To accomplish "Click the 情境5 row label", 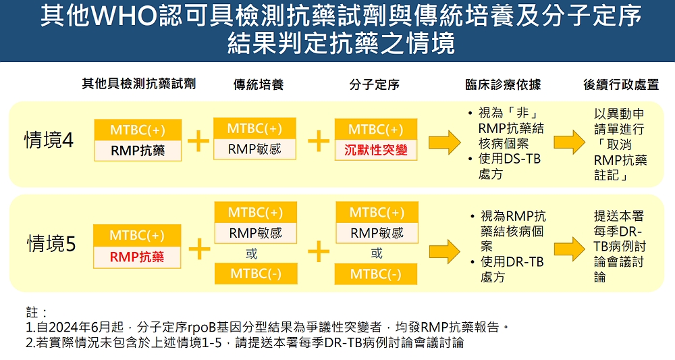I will [51, 243].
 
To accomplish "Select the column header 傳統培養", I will [259, 84].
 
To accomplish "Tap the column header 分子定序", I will [375, 84].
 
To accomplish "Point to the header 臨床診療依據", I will [503, 84].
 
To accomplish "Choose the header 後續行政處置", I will [621, 84].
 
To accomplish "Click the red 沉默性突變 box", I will [376, 150].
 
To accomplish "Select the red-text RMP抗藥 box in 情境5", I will [137, 257].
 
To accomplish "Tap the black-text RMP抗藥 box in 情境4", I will [138, 151].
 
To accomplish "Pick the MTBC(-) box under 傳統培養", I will [255, 274].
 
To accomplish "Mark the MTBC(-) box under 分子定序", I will [376, 274].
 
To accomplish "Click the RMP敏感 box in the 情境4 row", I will [254, 149].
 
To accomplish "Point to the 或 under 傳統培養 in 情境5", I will [250, 254].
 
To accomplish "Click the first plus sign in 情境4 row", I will [198, 140].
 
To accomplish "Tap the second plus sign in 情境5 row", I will [318, 250].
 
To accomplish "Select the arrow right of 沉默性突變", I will [441, 140].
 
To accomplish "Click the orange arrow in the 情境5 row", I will [442, 251].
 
